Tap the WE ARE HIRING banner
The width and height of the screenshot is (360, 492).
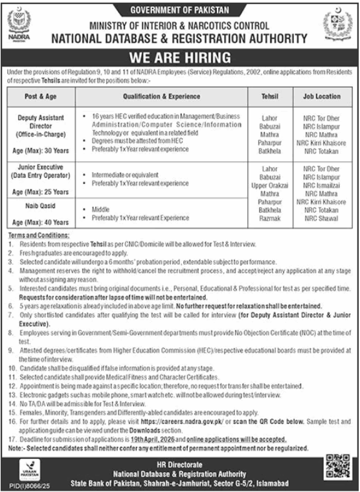[x=180, y=57]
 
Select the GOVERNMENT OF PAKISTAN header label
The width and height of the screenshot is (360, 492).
[x=180, y=10]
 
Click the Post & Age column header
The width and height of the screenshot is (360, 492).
[x=41, y=96]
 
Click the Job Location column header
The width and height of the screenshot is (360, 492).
[x=321, y=96]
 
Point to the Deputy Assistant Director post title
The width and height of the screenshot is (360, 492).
[x=41, y=123]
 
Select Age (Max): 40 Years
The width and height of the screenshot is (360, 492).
[x=41, y=223]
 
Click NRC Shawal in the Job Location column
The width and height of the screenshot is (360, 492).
[x=321, y=219]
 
